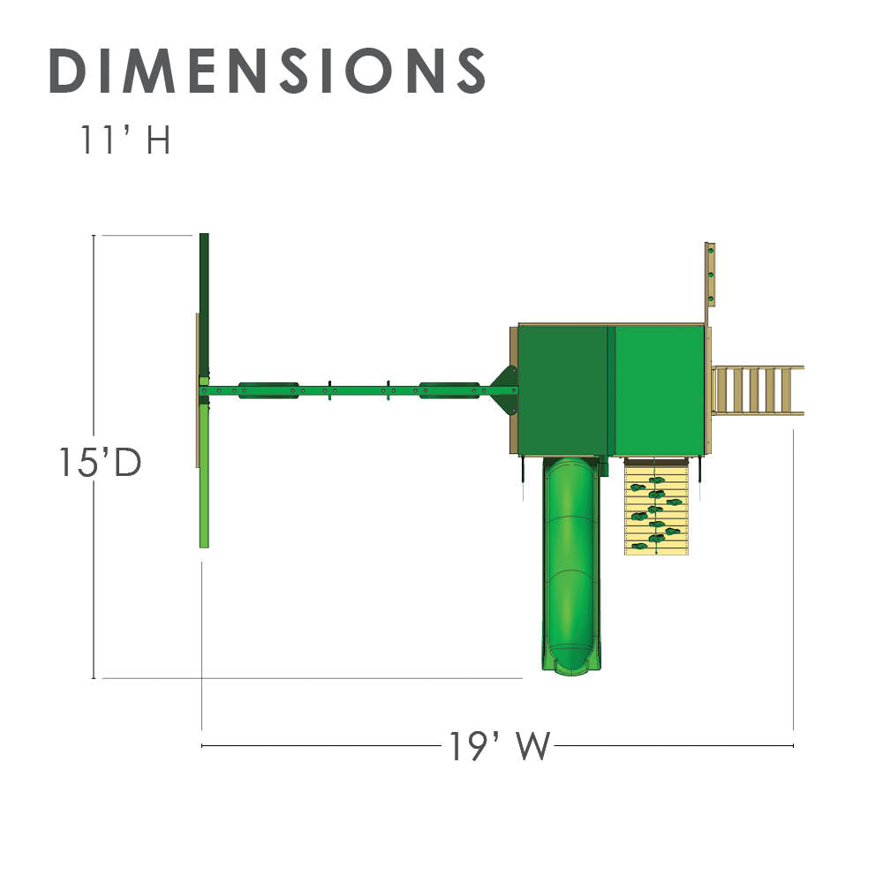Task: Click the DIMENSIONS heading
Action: coord(268,71)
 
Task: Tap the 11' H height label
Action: coord(125,140)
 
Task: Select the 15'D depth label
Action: coord(101,463)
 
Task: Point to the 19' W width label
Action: coord(499,746)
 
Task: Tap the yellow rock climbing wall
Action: coord(656,506)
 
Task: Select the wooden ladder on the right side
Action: coord(758,390)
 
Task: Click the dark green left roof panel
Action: coord(563,389)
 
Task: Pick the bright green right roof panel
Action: coord(660,389)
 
